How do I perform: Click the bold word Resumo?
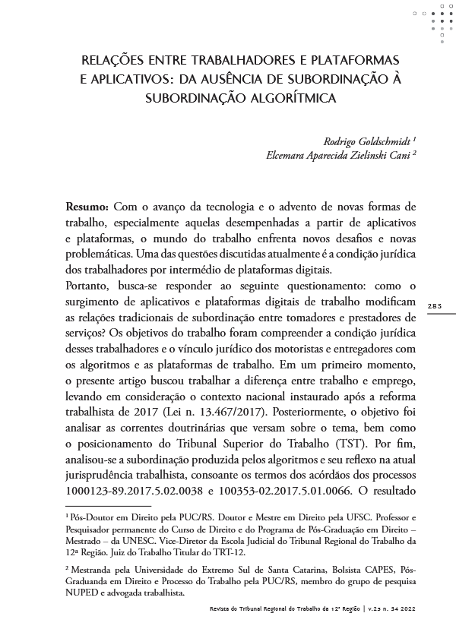tap(87, 207)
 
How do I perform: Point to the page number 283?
tap(435, 306)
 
